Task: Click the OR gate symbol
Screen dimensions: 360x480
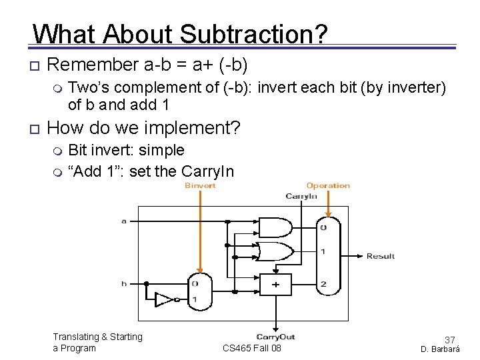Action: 275,251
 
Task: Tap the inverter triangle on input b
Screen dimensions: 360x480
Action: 164,299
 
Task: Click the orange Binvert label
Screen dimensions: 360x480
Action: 200,185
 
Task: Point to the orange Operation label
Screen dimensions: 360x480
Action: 328,185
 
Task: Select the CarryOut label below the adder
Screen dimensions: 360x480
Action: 275,337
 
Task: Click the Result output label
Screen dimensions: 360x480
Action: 381,256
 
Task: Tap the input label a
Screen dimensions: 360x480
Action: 124,221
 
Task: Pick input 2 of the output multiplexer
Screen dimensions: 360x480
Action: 323,284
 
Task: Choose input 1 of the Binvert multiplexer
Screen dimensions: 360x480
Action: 194,299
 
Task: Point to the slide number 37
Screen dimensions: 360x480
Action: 449,340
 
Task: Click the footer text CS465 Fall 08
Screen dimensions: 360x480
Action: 252,348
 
